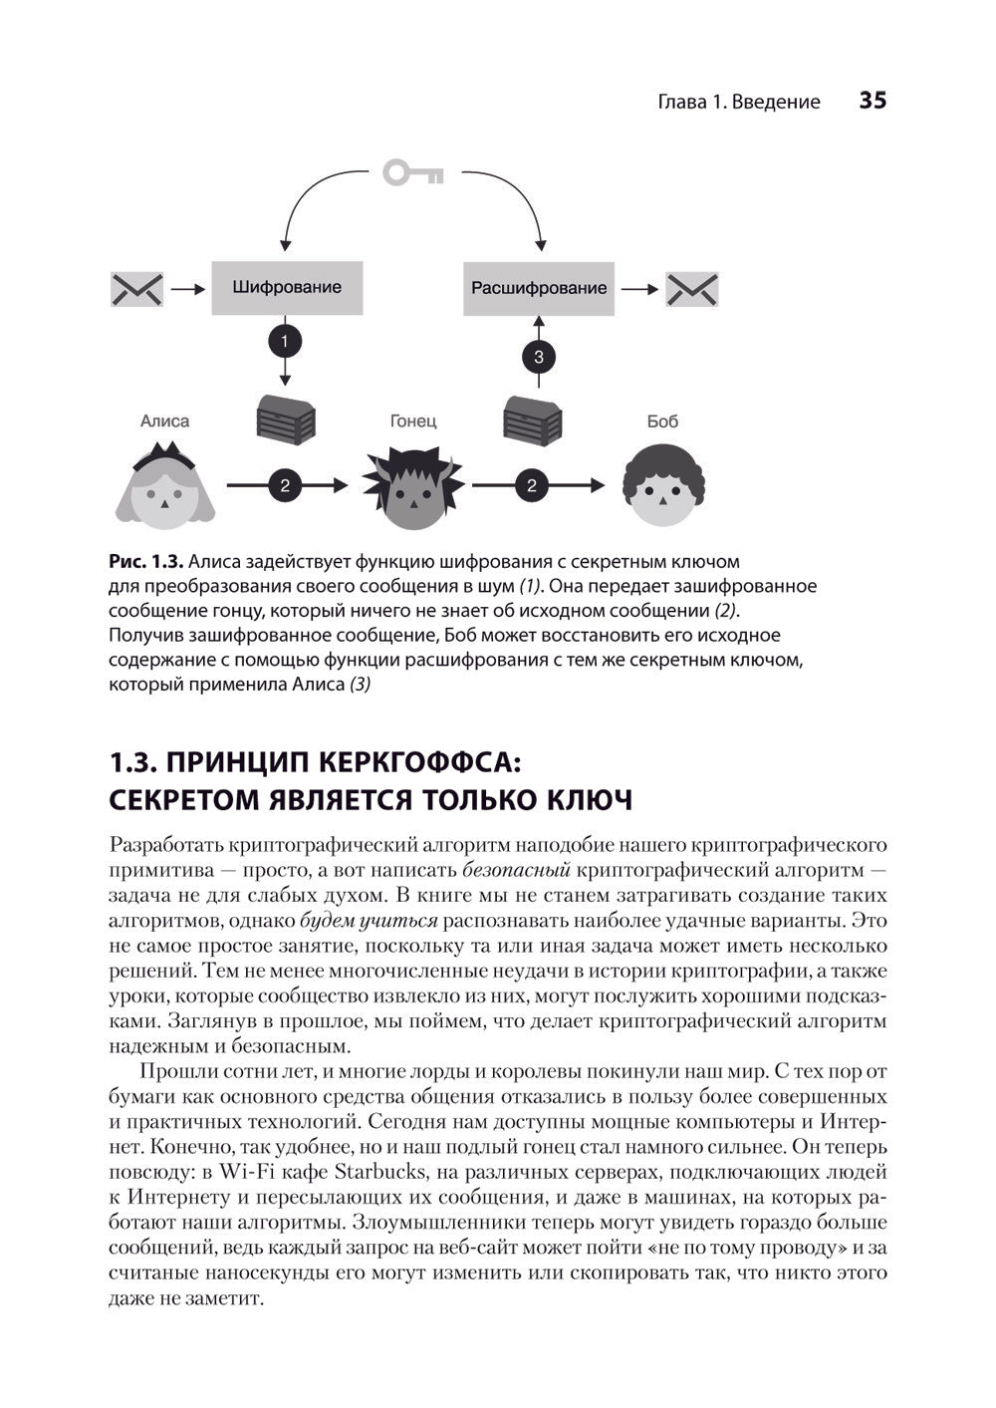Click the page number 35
click(871, 101)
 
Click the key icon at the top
click(413, 173)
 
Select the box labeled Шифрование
click(287, 288)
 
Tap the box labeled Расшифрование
click(538, 288)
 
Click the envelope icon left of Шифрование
click(136, 289)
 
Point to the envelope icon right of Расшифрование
click(691, 289)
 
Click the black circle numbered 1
click(285, 342)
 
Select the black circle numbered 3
click(539, 356)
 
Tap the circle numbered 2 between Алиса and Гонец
click(285, 485)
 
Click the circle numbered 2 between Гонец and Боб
click(531, 485)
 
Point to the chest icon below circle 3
click(533, 419)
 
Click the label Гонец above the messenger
click(412, 421)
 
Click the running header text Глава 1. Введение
click(739, 102)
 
